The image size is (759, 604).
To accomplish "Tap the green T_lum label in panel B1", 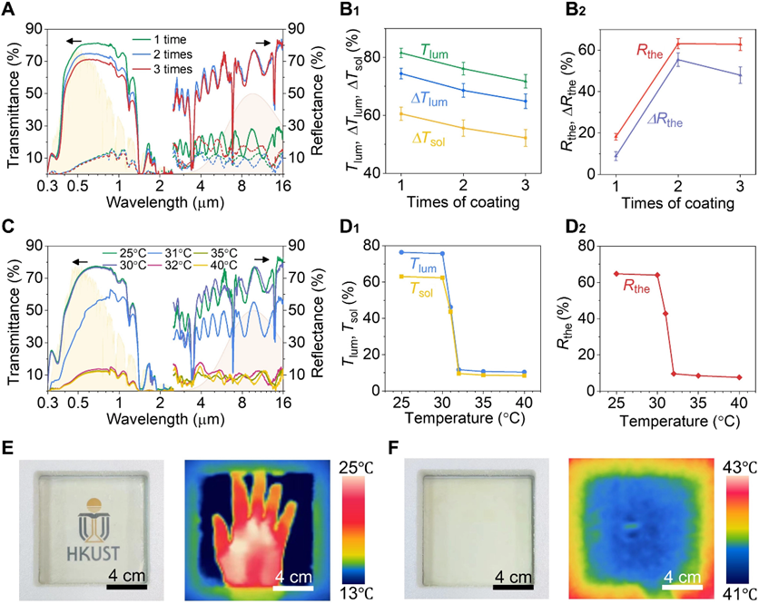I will coord(434,50).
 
